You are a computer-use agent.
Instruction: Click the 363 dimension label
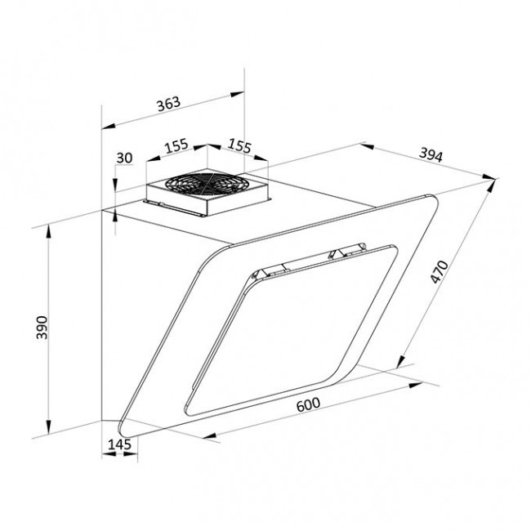[168, 104]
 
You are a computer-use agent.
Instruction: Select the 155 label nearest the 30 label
[176, 145]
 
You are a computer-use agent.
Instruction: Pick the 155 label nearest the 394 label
[239, 145]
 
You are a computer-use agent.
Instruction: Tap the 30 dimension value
[124, 158]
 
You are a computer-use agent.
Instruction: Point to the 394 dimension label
[431, 155]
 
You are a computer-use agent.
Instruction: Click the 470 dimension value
[440, 271]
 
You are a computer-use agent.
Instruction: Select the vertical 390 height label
[42, 327]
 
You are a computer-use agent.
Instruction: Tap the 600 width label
[308, 404]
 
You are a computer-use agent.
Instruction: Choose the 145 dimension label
[119, 444]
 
